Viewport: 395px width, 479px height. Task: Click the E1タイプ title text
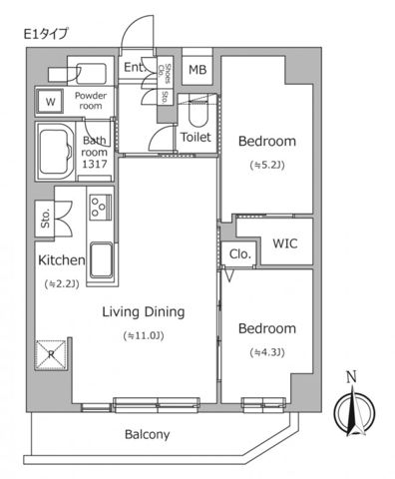coord(47,34)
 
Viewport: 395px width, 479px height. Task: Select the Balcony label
coord(147,434)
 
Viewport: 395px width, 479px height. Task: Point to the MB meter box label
coord(197,70)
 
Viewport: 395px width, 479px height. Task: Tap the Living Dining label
coord(144,311)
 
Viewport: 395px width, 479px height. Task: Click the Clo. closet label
coord(239,253)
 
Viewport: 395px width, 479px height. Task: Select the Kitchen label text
coord(61,260)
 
